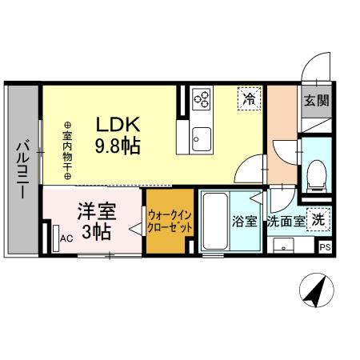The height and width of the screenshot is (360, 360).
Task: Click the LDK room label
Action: tap(118, 126)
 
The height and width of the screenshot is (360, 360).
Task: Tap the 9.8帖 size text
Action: tap(119, 146)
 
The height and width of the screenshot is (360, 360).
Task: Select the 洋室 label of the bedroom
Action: tap(96, 212)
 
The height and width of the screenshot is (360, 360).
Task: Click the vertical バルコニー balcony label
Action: tap(23, 170)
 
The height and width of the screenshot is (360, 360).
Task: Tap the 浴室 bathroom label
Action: tap(245, 222)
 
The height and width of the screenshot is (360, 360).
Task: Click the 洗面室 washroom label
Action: tap(286, 222)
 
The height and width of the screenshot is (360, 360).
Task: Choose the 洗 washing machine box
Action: tap(319, 218)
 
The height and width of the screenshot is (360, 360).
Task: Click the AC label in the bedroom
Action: tap(67, 238)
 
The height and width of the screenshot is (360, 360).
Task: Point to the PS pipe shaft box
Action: tap(325, 248)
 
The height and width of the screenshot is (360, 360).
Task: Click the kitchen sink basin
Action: tap(201, 135)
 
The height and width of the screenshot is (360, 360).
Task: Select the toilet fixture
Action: tap(318, 174)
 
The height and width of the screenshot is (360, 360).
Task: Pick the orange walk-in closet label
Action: tap(169, 220)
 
